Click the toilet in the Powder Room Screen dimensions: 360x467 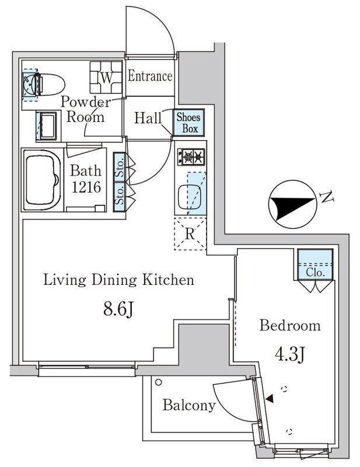(48, 85)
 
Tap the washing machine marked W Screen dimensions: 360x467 (106, 78)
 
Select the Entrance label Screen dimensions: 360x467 (150, 76)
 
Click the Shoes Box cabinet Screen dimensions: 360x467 (189, 123)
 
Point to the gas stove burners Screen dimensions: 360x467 (191, 156)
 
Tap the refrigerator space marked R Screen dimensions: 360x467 (190, 234)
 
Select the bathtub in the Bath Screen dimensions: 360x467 (41, 180)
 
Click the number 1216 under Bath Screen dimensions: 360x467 (86, 187)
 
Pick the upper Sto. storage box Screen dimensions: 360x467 (119, 167)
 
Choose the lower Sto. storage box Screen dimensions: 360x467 (119, 197)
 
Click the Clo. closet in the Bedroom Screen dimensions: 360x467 (315, 264)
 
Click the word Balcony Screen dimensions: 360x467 (189, 405)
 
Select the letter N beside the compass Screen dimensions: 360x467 (326, 197)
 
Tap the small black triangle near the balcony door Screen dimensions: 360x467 (270, 399)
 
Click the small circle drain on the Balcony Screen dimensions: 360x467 (159, 382)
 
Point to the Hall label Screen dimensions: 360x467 (148, 118)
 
